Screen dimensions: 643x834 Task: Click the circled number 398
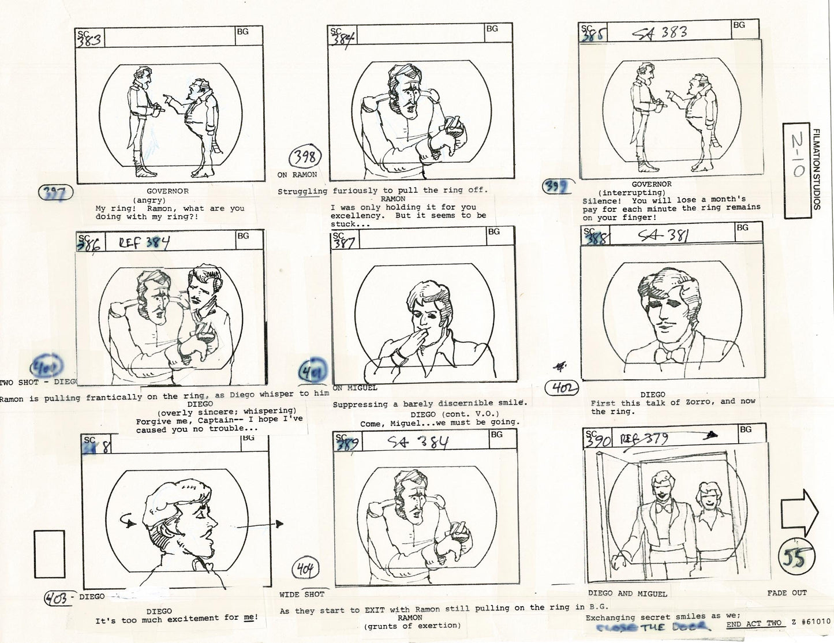[x=305, y=156]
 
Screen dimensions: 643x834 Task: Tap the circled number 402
[x=562, y=388]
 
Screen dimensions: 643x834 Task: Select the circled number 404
[x=305, y=570]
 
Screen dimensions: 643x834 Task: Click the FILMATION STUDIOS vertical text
[x=816, y=170]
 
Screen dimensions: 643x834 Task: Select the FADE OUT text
[x=787, y=593]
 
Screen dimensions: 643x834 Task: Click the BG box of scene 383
[x=243, y=32]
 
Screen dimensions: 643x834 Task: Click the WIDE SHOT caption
[x=301, y=595]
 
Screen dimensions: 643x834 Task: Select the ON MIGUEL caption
[x=355, y=388]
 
